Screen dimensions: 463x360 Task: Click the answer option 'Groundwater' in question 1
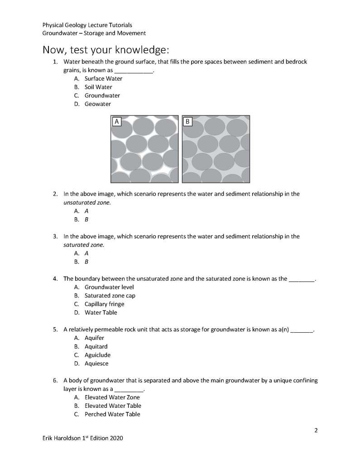coord(102,95)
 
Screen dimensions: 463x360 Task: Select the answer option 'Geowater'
coord(97,104)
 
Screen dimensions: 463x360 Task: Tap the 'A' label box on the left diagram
coord(117,121)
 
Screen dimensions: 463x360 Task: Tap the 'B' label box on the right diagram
coord(188,121)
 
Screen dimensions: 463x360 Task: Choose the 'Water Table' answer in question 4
coord(101,312)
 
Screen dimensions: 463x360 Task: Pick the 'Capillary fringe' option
coord(104,304)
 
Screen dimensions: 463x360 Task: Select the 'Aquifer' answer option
coord(94,338)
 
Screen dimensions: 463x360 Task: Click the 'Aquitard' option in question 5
coord(96,347)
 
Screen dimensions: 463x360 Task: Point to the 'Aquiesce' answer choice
coord(96,363)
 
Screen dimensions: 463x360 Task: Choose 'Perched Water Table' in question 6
coord(112,414)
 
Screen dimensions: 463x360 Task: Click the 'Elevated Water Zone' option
coord(112,397)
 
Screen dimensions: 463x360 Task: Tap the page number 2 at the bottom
coord(316,430)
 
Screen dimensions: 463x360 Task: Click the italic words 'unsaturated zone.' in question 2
coord(87,202)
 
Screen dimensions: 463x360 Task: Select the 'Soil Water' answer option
coord(98,87)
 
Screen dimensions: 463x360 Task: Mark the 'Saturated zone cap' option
coord(110,296)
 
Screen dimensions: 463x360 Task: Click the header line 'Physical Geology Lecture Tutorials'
coord(87,25)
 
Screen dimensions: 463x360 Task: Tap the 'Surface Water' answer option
coord(103,79)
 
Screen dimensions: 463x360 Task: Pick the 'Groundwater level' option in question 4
coord(109,287)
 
